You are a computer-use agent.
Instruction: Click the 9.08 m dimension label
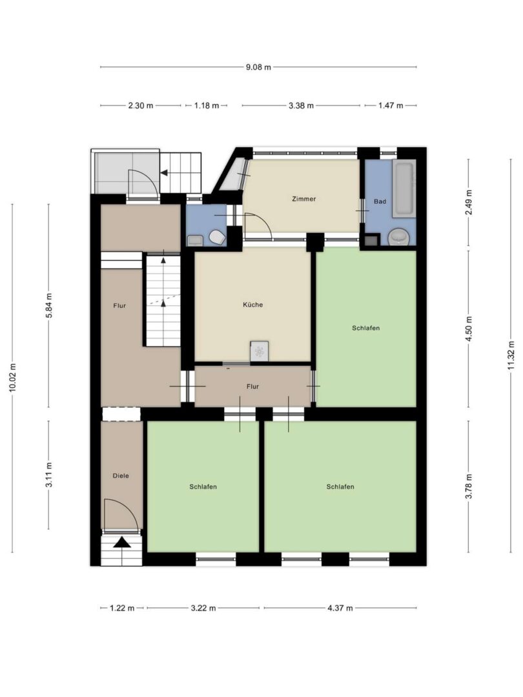coord(258,67)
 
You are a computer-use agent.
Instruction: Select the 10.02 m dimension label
coord(12,378)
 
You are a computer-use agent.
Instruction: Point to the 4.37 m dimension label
coord(340,608)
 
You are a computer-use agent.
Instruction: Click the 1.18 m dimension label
coord(207,106)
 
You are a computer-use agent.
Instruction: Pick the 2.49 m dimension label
coord(469,202)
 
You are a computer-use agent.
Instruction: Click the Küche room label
coord(252,305)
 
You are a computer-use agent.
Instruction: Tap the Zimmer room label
coord(303,199)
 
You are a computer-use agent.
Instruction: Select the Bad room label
coord(380,201)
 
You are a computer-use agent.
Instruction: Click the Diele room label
coord(121,476)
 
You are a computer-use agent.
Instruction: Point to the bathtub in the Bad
coord(404,190)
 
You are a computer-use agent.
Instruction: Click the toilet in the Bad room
coord(399,236)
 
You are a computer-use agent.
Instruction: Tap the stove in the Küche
coord(260,352)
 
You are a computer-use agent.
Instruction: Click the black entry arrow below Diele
coord(122,542)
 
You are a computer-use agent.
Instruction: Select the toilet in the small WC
coord(218,237)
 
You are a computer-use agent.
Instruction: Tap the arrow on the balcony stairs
coord(165,172)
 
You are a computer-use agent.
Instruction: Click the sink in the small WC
coord(195,241)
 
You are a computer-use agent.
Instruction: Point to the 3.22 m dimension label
coord(203,608)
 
